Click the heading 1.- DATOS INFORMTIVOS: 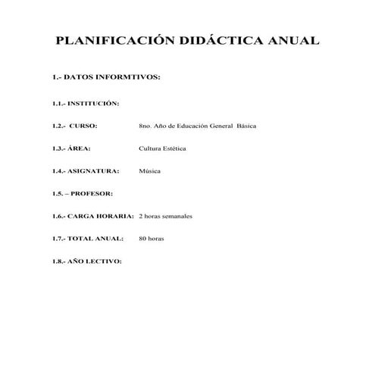click(x=105, y=77)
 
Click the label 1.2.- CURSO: click(x=75, y=125)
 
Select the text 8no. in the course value click(x=147, y=125)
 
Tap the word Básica click(x=247, y=125)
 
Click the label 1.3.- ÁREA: click(x=73, y=148)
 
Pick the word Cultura click(x=151, y=148)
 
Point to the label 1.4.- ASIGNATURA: click(x=85, y=170)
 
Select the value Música click(x=150, y=170)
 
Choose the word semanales click(x=176, y=216)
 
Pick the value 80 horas click(x=152, y=239)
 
